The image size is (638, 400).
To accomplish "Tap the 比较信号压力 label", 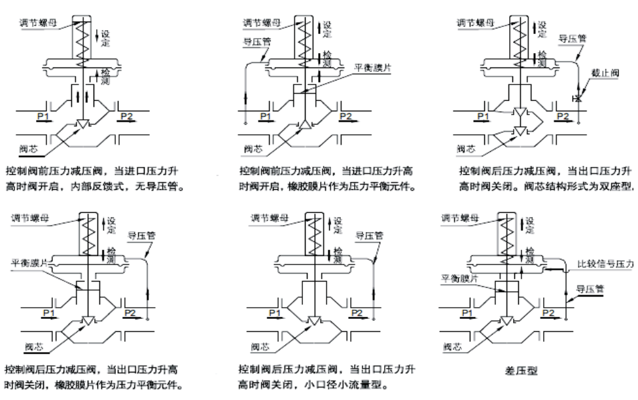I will [605, 264].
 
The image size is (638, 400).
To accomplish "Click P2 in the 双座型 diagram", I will [563, 116].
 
